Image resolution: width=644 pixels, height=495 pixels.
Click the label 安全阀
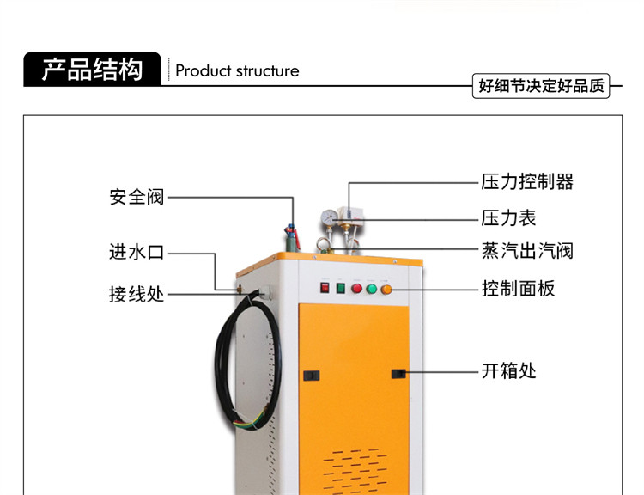(137, 197)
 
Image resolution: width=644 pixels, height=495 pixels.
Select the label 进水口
(137, 252)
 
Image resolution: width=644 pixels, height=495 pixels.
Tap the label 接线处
(137, 295)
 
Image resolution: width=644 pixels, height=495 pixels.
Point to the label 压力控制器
(527, 181)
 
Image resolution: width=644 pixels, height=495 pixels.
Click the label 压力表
(509, 218)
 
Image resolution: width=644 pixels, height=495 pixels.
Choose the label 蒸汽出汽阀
(527, 251)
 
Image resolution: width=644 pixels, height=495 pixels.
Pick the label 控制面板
(519, 288)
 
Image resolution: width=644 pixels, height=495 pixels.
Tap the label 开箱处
(509, 371)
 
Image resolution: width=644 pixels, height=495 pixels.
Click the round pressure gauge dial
(330, 218)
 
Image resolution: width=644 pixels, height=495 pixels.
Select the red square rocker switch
(325, 287)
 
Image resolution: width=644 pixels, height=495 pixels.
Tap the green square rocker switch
(341, 288)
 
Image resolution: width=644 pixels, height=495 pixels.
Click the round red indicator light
(357, 288)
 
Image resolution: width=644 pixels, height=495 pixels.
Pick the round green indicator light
(372, 289)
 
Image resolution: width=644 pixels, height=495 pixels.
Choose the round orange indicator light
(386, 290)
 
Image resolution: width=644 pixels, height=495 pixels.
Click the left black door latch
(312, 376)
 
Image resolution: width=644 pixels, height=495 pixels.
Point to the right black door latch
(398, 374)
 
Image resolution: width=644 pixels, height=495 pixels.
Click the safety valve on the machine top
(292, 237)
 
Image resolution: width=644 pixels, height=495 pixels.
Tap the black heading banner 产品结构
(93, 69)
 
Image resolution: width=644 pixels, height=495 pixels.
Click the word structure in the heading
(267, 71)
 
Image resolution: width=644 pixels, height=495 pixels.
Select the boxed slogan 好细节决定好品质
(541, 86)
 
